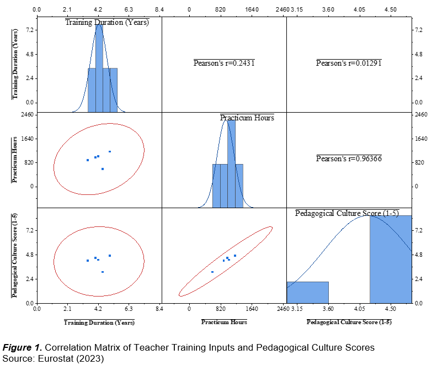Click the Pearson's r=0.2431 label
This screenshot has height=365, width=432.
(x=223, y=63)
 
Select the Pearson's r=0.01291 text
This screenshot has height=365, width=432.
(x=349, y=63)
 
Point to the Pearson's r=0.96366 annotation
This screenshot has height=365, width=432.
(x=349, y=158)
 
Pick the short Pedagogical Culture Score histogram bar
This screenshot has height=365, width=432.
(x=307, y=292)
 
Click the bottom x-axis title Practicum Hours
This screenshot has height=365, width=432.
(x=224, y=322)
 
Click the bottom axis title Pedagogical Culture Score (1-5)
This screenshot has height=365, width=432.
(x=349, y=322)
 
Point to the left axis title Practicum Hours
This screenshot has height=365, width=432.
(x=15, y=159)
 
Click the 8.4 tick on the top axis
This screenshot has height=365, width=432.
(x=159, y=9)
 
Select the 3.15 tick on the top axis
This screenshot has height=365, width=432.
(x=297, y=9)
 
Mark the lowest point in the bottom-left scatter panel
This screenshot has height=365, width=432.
(x=103, y=272)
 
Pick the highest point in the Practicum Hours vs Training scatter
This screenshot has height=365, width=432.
(x=110, y=151)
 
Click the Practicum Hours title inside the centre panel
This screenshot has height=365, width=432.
(x=247, y=118)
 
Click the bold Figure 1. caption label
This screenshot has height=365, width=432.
(x=22, y=347)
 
